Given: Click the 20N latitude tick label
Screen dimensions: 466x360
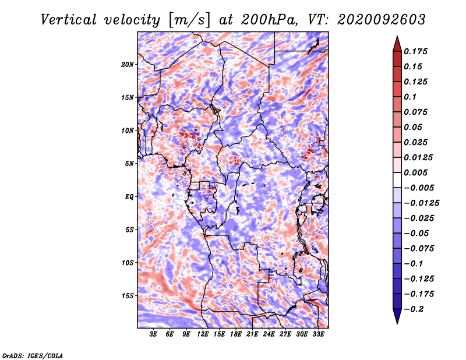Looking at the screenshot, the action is (128, 65).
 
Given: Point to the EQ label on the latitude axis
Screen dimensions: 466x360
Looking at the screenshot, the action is (129, 197).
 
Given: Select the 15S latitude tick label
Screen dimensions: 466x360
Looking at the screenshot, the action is (128, 296).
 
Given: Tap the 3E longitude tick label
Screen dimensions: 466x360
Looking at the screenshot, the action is (153, 334).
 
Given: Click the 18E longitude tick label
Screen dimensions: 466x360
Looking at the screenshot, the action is (236, 334).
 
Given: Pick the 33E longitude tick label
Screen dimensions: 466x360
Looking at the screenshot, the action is (318, 334).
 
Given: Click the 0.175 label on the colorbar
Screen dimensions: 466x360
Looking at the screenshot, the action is (415, 51).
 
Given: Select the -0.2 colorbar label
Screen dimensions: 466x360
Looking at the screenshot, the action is (414, 309).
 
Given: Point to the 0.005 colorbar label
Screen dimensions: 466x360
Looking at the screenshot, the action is (415, 172).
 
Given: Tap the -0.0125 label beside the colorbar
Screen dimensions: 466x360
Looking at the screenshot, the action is (421, 203).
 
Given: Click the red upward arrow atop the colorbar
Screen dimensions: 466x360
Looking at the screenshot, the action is (397, 44).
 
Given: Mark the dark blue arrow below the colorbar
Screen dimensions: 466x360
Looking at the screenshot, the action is (397, 316).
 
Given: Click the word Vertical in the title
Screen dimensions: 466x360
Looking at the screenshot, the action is (69, 20).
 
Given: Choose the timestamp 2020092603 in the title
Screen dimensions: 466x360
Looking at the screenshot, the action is (382, 20).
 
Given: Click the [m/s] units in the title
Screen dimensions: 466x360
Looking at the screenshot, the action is (189, 20).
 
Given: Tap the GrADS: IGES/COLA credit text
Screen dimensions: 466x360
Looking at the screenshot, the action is (33, 356).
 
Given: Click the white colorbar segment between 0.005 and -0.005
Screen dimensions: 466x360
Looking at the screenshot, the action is (397, 180).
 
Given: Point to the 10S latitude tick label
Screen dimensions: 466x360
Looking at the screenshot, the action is (128, 263).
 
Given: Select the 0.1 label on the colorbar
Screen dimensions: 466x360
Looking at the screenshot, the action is (410, 97).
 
